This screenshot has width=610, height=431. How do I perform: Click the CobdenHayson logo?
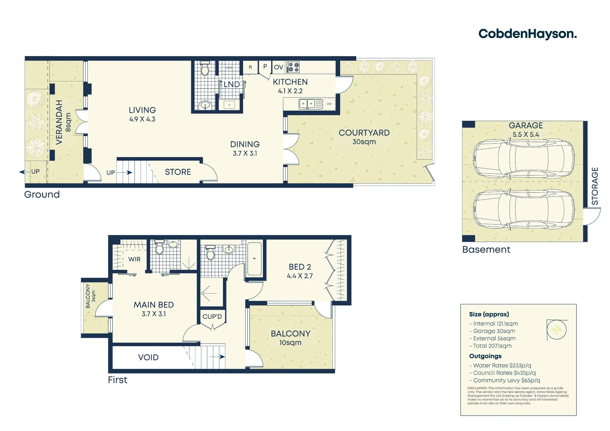528,34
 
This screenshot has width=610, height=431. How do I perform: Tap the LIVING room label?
142,110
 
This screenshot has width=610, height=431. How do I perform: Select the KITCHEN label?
290,82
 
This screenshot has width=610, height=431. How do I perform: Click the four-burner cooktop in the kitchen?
293,67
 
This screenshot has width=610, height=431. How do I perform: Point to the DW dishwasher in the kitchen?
329,104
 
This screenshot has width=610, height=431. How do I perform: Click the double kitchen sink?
307,104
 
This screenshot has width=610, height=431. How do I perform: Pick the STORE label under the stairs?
178,172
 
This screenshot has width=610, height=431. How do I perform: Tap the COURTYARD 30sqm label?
364,137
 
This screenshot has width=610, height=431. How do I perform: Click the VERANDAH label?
59,122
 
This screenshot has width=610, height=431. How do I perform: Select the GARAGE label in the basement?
526,126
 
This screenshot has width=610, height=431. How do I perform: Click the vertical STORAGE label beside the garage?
595,186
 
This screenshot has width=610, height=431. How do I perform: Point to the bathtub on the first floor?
254,259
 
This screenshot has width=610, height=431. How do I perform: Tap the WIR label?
134,259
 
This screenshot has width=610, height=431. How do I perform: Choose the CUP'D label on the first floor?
212,317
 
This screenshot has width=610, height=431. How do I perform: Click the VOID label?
148,358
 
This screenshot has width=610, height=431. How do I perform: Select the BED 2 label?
300,267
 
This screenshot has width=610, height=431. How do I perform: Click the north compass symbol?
557,330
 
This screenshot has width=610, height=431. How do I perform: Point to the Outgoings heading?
485,356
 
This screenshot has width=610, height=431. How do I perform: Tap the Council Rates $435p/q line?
503,373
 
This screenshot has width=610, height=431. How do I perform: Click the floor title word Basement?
486,250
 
